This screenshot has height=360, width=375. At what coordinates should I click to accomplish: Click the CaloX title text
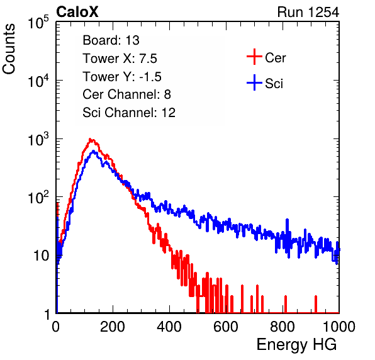[77, 12]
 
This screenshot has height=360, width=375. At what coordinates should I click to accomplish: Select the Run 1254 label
[308, 12]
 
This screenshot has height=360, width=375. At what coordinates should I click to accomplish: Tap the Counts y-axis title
[9, 49]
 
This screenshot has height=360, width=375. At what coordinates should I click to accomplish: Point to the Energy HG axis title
[296, 344]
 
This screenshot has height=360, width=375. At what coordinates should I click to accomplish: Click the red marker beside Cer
[254, 57]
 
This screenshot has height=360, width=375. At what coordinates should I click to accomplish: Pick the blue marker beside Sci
[254, 83]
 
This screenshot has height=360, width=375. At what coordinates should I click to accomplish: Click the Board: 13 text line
[111, 40]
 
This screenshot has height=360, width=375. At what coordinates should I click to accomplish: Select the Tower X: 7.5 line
[120, 59]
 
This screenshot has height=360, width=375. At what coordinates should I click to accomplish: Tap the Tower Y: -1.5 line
[122, 77]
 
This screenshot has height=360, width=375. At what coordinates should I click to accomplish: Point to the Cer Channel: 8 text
[126, 94]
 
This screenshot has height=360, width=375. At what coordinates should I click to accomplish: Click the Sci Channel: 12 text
[129, 113]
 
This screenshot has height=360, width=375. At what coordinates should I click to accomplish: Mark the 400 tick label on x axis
[169, 327]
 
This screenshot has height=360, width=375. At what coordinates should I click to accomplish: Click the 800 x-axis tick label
[283, 327]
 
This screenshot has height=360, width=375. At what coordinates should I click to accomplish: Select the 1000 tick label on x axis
[339, 327]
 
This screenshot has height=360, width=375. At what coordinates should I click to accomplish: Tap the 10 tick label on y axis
[41, 256]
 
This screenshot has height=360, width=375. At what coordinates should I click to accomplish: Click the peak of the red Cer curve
[90, 139]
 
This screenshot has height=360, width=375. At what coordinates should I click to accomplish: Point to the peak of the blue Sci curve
[94, 151]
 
